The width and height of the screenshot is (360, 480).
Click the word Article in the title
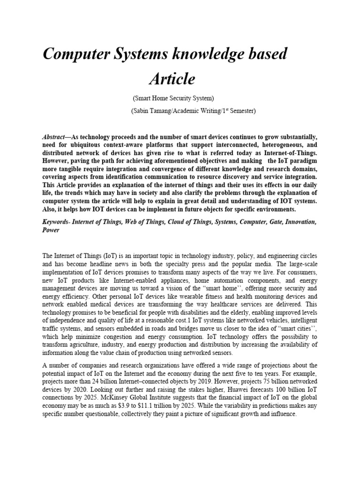tap(172, 79)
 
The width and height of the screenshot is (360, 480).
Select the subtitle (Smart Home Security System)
tap(173, 98)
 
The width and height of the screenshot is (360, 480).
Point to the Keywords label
tap(55, 221)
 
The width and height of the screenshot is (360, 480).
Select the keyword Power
tap(51, 230)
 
